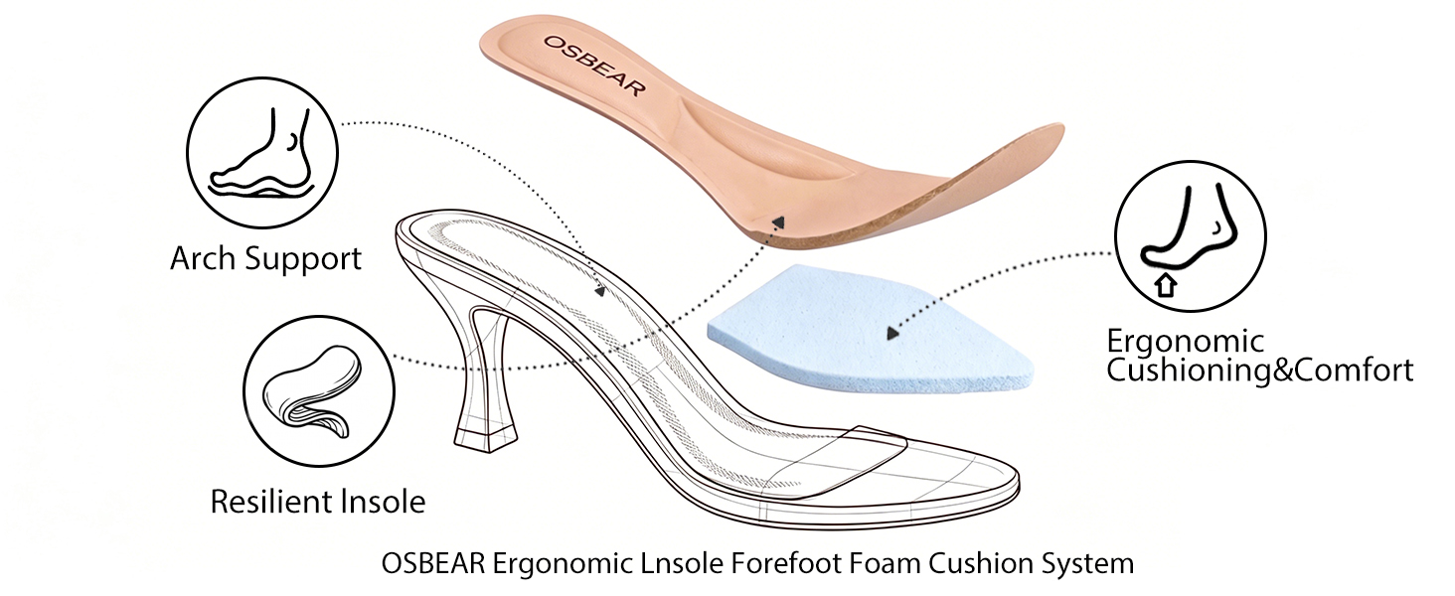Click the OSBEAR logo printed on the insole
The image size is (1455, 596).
pos(593,66)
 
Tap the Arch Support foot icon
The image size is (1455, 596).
pos(262,153)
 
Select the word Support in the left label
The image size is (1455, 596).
pos(303,259)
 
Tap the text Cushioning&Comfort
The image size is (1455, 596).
pos(1260,371)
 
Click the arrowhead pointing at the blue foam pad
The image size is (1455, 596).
pos(892,333)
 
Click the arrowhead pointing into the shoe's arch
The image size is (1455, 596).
pos(601,291)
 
